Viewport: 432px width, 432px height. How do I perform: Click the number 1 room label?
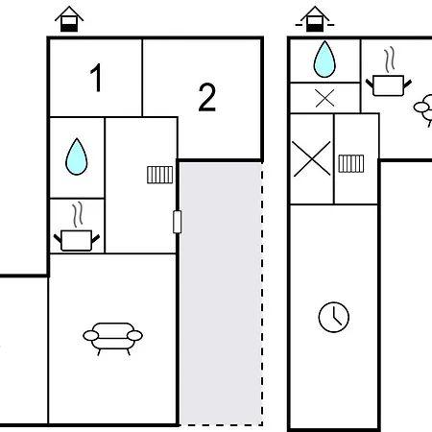[x=96, y=78]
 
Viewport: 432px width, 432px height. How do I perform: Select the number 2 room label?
[x=207, y=97]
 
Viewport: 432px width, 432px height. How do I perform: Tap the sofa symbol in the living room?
[x=112, y=339]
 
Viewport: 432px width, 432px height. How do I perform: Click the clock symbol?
[x=334, y=317]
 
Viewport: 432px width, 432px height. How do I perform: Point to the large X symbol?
[x=312, y=158]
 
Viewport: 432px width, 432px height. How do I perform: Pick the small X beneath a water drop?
[x=324, y=98]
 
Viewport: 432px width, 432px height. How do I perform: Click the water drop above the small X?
[x=324, y=60]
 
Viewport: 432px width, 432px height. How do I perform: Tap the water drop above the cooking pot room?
[x=77, y=156]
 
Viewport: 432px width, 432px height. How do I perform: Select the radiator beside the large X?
[x=351, y=163]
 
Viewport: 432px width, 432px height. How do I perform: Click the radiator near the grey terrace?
[x=160, y=175]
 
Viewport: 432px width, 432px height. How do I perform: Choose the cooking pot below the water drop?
[x=77, y=240]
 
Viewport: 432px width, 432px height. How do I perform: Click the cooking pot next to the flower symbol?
[x=389, y=85]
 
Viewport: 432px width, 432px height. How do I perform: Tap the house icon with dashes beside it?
[x=315, y=19]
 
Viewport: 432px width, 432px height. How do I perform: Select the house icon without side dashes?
[x=69, y=19]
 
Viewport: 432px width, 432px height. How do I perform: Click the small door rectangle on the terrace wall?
[x=178, y=222]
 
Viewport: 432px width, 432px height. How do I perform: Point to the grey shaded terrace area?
[x=221, y=294]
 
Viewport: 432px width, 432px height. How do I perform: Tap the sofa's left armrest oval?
[x=91, y=336]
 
